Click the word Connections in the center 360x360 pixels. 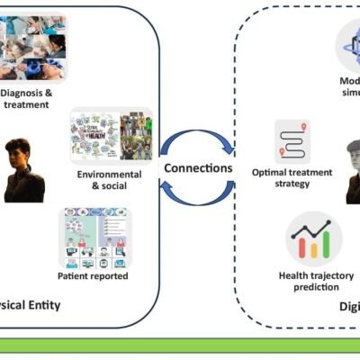point(198,168)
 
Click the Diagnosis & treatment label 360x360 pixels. point(32,97)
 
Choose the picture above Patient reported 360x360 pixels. point(96,238)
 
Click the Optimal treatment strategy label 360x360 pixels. point(294,176)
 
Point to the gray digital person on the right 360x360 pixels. point(352,171)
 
